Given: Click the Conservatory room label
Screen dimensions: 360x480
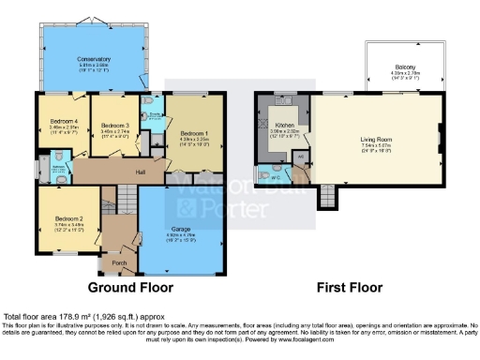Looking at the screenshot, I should pyautogui.click(x=93, y=59).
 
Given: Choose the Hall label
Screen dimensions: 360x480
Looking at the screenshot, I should pyautogui.click(x=140, y=172).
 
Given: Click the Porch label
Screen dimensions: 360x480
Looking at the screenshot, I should pyautogui.click(x=120, y=263).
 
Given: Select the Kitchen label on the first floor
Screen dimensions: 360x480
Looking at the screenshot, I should pyautogui.click(x=284, y=124).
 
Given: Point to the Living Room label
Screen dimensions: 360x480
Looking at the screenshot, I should pyautogui.click(x=375, y=140).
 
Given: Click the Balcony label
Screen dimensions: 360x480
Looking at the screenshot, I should pyautogui.click(x=405, y=67).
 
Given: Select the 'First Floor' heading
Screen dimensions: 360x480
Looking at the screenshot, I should pyautogui.click(x=339, y=287).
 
